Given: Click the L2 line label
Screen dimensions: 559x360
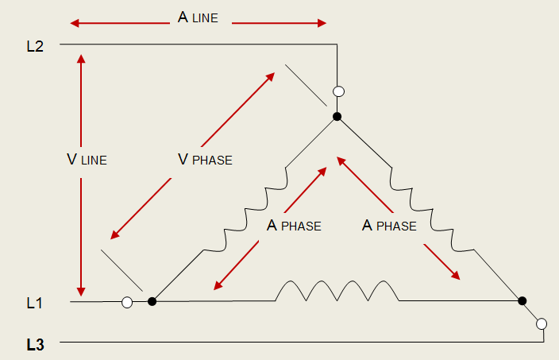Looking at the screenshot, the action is click(x=35, y=46).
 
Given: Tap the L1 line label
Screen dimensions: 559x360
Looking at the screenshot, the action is click(x=35, y=303).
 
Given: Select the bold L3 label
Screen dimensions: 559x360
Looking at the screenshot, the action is click(x=35, y=345).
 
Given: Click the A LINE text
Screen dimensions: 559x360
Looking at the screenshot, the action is click(x=198, y=17).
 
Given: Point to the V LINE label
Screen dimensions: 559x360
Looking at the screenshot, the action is click(x=87, y=160).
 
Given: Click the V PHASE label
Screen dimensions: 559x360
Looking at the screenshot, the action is click(x=205, y=160).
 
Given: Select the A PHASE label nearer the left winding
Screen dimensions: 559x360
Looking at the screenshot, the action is click(x=294, y=226).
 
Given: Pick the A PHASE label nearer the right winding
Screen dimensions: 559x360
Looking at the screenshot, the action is click(x=389, y=226).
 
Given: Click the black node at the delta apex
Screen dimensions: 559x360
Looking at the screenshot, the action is click(x=337, y=116).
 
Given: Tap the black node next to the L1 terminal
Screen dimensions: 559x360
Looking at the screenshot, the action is click(x=152, y=301).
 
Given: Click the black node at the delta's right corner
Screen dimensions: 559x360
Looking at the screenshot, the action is click(x=522, y=300).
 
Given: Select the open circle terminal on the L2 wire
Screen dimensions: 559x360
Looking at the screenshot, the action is click(x=339, y=91).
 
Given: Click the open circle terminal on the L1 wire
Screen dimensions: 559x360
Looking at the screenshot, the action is click(x=127, y=302).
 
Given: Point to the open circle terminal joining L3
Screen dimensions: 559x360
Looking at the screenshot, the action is click(x=542, y=323).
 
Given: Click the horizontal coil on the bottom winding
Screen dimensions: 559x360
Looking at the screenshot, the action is click(x=337, y=291).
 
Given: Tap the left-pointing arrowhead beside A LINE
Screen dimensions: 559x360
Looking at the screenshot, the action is click(x=75, y=24).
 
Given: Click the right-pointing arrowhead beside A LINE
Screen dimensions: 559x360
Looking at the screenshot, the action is click(x=322, y=23).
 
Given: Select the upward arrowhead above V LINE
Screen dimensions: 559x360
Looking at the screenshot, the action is click(x=81, y=59).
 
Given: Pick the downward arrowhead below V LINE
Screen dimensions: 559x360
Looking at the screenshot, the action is click(x=81, y=292).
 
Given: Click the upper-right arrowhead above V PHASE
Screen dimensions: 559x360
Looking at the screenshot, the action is click(x=271, y=76).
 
